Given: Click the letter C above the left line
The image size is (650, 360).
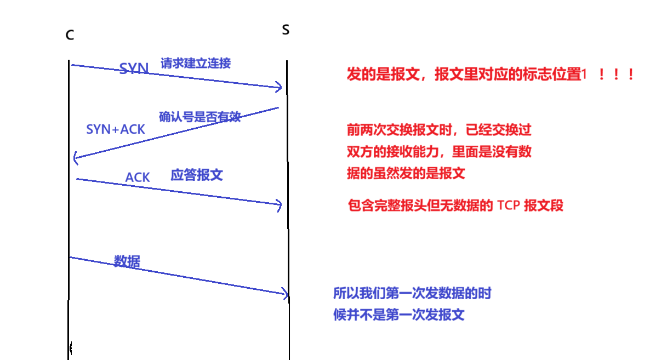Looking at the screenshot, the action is tap(70, 35).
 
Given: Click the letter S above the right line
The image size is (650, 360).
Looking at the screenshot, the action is tap(286, 30).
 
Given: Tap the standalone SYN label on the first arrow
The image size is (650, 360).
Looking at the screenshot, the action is tap(134, 68).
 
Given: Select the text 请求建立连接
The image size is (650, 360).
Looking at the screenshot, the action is tap(196, 62).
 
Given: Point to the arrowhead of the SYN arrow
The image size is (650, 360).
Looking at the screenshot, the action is tap(280, 87).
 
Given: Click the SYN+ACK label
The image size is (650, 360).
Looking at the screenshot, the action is tap(116, 129).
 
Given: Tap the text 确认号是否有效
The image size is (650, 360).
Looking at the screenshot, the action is tap(199, 117).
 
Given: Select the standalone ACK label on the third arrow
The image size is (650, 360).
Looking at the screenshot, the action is tap(138, 178).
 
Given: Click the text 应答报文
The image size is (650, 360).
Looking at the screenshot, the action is tap(197, 175).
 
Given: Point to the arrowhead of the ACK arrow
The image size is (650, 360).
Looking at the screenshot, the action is tap(280, 205).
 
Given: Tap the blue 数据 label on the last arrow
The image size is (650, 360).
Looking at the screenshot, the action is tap(127, 261).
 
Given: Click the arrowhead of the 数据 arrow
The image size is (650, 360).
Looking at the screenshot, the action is tap(286, 294).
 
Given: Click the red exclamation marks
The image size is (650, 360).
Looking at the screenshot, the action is tap(616, 75).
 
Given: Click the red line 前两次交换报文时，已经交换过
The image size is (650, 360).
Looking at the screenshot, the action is tap(439, 130).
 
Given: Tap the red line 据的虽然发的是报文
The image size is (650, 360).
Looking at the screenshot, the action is tap(406, 174).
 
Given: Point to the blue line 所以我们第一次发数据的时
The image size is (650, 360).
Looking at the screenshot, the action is tap(412, 293).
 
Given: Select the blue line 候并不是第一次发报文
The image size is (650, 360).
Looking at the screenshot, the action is tap(398, 315).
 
